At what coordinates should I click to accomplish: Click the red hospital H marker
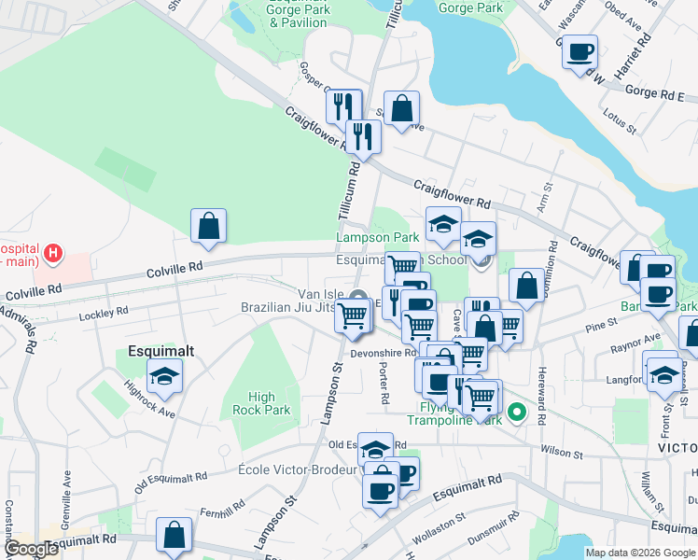(53, 252)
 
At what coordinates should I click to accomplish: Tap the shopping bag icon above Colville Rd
(208, 226)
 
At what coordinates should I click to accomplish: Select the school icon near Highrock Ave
(166, 377)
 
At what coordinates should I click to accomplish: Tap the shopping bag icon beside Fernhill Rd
(174, 535)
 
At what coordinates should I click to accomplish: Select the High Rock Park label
(269, 403)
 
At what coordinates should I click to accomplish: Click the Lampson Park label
(378, 238)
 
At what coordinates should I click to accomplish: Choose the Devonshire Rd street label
(383, 354)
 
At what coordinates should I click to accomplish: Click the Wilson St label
(563, 455)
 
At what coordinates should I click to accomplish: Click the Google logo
(31, 549)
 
